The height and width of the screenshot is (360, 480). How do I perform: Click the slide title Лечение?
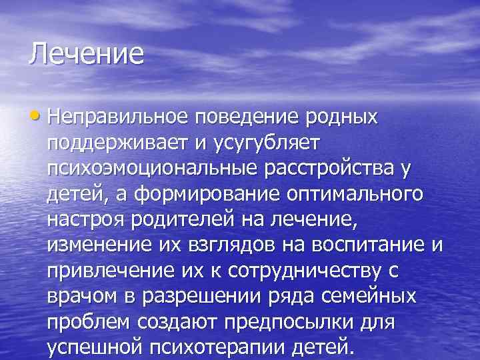(86, 53)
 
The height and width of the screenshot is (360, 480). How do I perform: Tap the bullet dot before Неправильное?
(38, 117)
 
